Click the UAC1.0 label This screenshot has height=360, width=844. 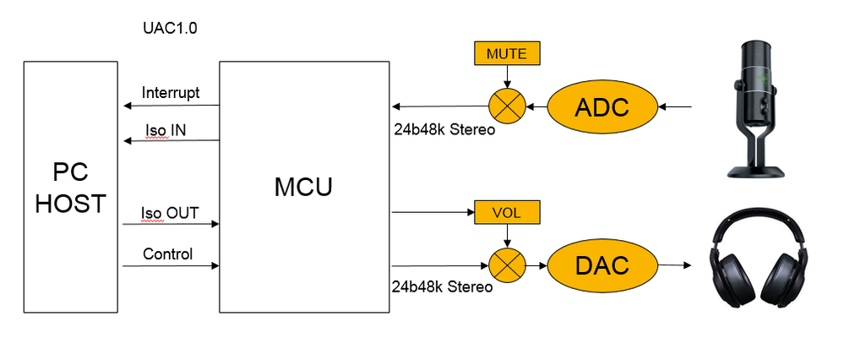(170, 28)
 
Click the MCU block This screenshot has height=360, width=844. (303, 186)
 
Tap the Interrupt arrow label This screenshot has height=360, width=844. (171, 93)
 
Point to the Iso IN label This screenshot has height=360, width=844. (165, 128)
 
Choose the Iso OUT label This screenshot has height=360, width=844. (171, 213)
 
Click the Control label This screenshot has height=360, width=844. (167, 254)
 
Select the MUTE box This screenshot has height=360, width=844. (506, 55)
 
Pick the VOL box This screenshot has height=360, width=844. (507, 214)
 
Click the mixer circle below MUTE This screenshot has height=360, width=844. (506, 107)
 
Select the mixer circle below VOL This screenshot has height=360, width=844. (507, 265)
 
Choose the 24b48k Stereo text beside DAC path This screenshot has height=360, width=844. (441, 286)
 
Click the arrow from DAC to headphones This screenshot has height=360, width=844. (671, 265)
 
